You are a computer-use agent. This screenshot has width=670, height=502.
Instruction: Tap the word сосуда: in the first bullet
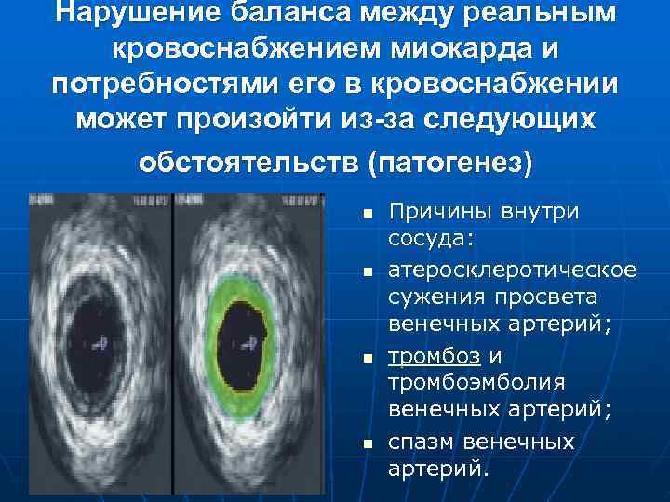431,240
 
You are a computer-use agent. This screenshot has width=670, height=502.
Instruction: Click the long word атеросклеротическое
512,270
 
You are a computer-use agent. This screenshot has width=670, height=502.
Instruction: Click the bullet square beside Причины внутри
368,214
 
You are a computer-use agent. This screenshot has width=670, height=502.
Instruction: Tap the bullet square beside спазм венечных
368,443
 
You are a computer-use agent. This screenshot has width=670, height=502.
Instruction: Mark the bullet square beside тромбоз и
368,358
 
